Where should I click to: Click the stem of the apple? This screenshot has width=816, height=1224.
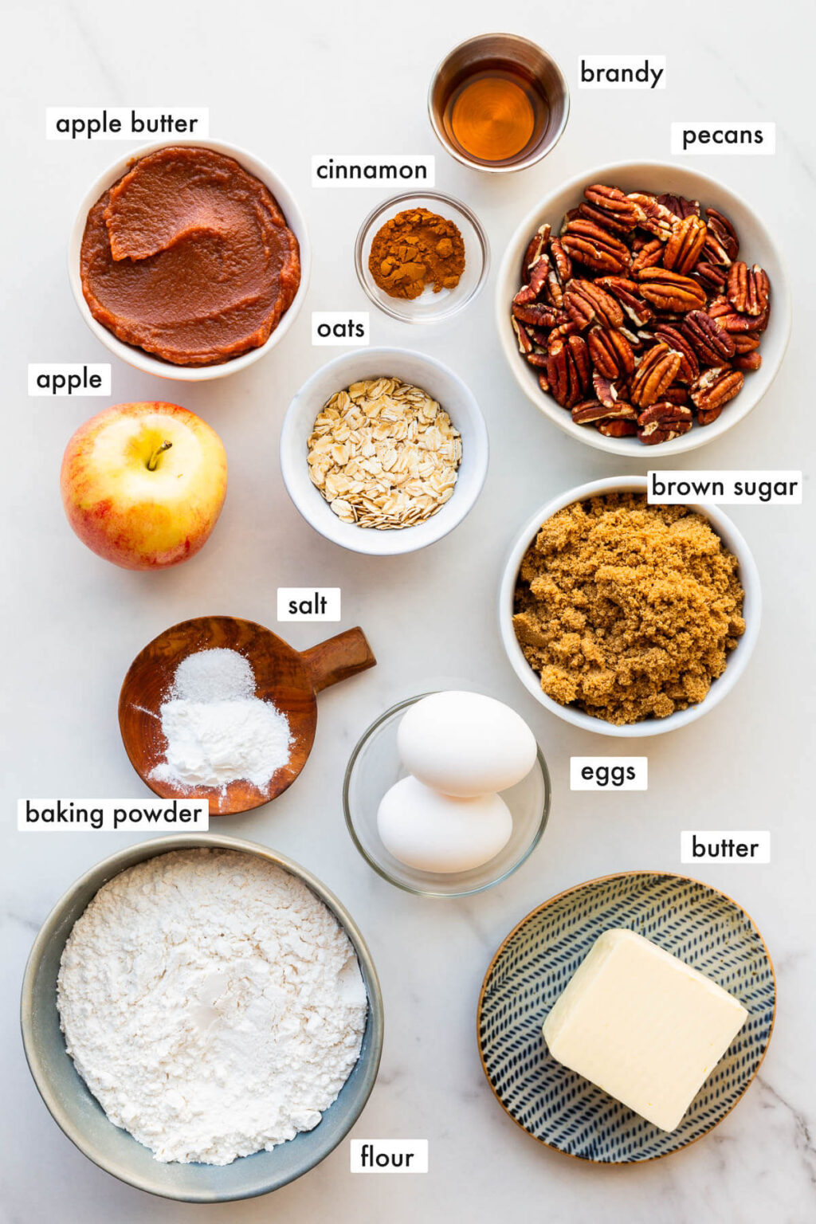(x=158, y=455)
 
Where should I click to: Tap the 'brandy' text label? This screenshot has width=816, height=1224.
(x=622, y=73)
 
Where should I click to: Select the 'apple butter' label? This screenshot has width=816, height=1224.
(x=127, y=124)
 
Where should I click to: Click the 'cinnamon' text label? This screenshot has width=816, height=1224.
(x=371, y=171)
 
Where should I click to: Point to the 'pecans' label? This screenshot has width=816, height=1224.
(x=723, y=136)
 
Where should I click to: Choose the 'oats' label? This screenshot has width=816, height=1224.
(x=340, y=328)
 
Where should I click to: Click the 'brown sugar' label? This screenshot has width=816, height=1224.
(x=724, y=487)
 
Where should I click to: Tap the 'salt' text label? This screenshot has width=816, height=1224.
(x=308, y=604)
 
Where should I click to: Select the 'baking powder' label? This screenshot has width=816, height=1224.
(x=113, y=814)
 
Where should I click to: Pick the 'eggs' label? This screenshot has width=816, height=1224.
(x=608, y=773)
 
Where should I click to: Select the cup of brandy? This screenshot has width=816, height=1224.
(x=498, y=103)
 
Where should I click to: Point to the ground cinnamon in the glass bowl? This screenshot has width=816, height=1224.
(x=417, y=253)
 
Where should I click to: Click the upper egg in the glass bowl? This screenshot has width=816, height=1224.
(x=466, y=743)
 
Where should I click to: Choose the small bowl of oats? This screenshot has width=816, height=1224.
(x=383, y=451)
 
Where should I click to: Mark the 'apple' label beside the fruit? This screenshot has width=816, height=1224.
(x=69, y=379)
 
